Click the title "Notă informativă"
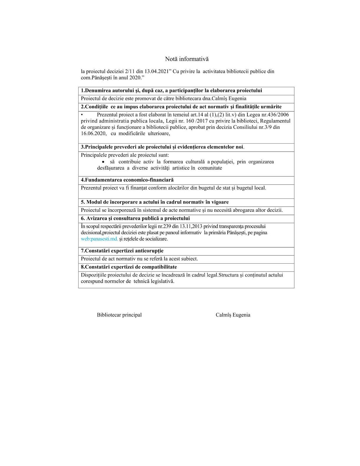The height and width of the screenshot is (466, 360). [x=186, y=59]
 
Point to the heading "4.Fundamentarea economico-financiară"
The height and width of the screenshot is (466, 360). [x=127, y=180]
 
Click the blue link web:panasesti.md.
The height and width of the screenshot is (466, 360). [x=99, y=239]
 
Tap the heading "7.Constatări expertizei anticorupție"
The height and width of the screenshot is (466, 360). [x=122, y=251]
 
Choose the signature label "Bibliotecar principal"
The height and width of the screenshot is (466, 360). [x=119, y=315]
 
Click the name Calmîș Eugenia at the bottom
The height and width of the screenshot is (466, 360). [x=233, y=315]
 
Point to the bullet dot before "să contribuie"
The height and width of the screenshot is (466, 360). [x=103, y=162]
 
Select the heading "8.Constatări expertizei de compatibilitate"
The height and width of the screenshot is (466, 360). [x=129, y=267]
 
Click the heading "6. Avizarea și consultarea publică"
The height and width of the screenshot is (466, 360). [x=135, y=218]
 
